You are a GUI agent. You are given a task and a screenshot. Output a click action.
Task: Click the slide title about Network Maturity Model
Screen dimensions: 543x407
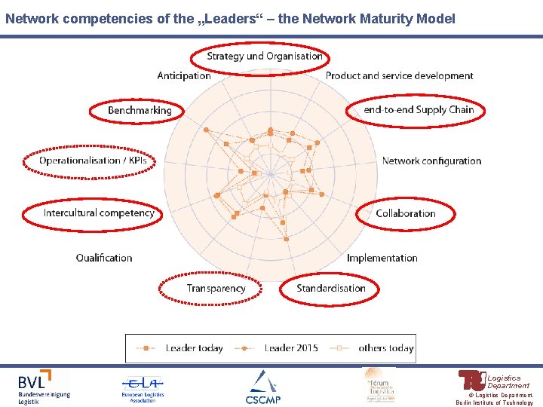[x=230, y=18]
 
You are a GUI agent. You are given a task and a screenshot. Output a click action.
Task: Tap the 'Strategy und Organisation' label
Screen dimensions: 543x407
[x=265, y=56]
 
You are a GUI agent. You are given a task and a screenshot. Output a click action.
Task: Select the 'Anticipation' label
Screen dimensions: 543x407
[x=184, y=75]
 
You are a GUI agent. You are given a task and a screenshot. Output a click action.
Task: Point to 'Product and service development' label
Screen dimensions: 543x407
[x=399, y=75]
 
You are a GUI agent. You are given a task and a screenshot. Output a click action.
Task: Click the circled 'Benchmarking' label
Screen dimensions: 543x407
[x=140, y=110]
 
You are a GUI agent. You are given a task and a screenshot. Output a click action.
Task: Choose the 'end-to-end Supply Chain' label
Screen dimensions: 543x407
[x=419, y=110]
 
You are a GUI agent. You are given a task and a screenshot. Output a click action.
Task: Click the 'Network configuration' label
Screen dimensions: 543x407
[x=431, y=161]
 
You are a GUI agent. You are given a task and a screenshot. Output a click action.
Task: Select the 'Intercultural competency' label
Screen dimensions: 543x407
[x=99, y=213]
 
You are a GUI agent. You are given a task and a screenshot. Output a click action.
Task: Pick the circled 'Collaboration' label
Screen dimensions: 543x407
[x=406, y=213]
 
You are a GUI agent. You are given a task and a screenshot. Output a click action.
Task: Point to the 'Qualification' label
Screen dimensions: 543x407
[x=104, y=258]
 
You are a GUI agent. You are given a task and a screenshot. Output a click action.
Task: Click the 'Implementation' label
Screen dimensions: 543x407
[x=382, y=258]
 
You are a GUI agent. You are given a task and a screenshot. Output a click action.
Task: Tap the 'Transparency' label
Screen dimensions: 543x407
[x=216, y=288]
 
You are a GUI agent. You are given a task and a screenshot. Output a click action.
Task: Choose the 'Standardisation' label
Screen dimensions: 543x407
[x=331, y=288]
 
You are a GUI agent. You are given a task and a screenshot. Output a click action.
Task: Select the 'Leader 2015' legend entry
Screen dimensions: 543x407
[x=280, y=348]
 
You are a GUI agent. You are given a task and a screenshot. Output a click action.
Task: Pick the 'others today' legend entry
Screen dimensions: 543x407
[x=374, y=348]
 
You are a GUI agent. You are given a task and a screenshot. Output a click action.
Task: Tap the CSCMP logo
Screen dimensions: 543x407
[x=262, y=387]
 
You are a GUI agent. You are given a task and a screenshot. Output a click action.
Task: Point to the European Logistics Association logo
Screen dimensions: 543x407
[x=143, y=387]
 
